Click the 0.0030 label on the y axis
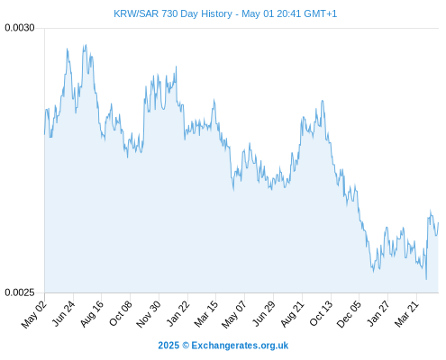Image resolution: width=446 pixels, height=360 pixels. coord(20,28)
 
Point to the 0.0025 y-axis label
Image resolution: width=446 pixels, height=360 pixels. coord(20,292)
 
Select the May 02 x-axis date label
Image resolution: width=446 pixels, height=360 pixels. coord(34,314)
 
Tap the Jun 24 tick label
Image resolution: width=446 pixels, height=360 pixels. coord(63,313)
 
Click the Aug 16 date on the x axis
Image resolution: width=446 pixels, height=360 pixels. coord(92,314)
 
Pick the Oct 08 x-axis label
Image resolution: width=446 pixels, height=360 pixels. coord(120,314)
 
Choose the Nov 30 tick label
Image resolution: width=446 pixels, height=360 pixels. coord(149,314)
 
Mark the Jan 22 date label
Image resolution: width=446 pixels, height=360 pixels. coord(178,313)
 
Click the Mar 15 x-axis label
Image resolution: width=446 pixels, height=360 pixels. coord(205,314)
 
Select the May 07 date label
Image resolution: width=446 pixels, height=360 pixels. coord(234,314)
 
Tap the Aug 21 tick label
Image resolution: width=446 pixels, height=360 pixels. coord(293,314)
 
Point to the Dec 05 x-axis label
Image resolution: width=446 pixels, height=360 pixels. coord(349,314)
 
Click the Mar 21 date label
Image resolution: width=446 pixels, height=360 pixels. coord(406,314)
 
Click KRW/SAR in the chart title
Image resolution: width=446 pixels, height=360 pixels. coord(136,13)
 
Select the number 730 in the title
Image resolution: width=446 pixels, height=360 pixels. coord(169,13)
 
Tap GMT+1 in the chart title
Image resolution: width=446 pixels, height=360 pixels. coord(321,13)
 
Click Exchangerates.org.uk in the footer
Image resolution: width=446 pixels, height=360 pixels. coord(240,346)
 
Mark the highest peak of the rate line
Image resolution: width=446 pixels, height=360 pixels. coord(86,45)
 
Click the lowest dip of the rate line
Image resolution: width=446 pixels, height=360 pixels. coord(426,279)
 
